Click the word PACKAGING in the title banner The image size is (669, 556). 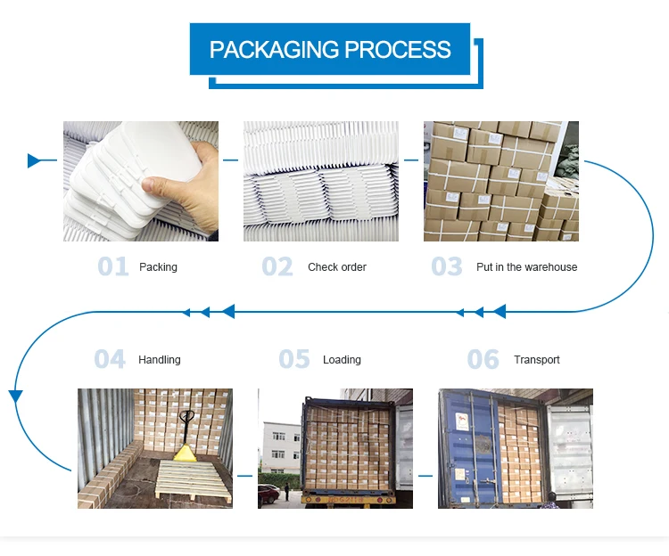click(x=275, y=49)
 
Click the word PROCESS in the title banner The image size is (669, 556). click(x=398, y=49)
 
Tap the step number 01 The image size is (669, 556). click(x=113, y=266)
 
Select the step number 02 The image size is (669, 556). click(x=277, y=266)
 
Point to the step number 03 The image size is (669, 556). click(x=447, y=266)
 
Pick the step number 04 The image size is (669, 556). click(x=110, y=359)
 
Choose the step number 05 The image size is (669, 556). click(x=294, y=359)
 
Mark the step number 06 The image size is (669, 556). click(x=483, y=359)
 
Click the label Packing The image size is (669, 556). click(x=158, y=267)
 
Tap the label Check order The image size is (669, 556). click(x=337, y=267)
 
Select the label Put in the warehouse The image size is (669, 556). click(x=527, y=267)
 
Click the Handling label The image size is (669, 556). click(x=159, y=360)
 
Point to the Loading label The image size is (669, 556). click(x=342, y=360)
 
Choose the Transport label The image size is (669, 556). click(x=537, y=360)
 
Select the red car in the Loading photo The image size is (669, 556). click(x=268, y=495)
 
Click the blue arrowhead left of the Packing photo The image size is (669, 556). click(x=34, y=160)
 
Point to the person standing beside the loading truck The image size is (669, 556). click(x=287, y=491)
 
